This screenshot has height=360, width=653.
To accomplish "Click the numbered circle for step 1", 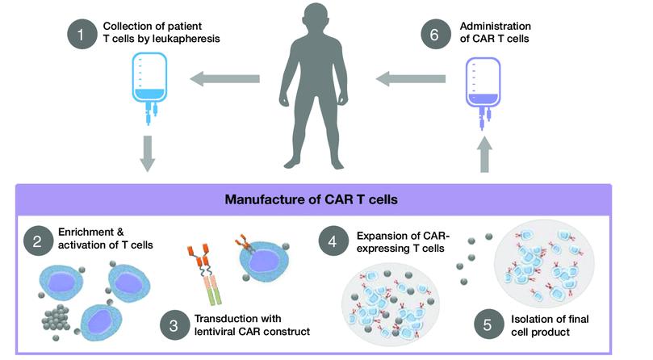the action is tap(82, 34).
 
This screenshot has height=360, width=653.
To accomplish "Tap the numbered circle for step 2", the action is tap(38, 241).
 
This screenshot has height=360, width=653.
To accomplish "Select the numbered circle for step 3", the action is tap(174, 325).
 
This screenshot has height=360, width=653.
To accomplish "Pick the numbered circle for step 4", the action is tap(333, 241).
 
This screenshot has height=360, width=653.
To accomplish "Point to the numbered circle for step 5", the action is tap(488, 324).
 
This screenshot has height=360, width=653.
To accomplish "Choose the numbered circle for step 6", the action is tap(435, 34).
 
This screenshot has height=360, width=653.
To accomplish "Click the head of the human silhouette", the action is tap(316, 19).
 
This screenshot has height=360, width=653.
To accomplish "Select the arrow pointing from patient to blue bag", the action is tap(225, 79).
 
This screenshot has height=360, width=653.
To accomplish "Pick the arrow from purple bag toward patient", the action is tap(411, 79).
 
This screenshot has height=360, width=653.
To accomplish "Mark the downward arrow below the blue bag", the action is tap(148, 153).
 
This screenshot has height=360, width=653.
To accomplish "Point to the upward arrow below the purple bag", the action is tap(484, 154).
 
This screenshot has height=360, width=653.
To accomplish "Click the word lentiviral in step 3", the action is tap(215, 332).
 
